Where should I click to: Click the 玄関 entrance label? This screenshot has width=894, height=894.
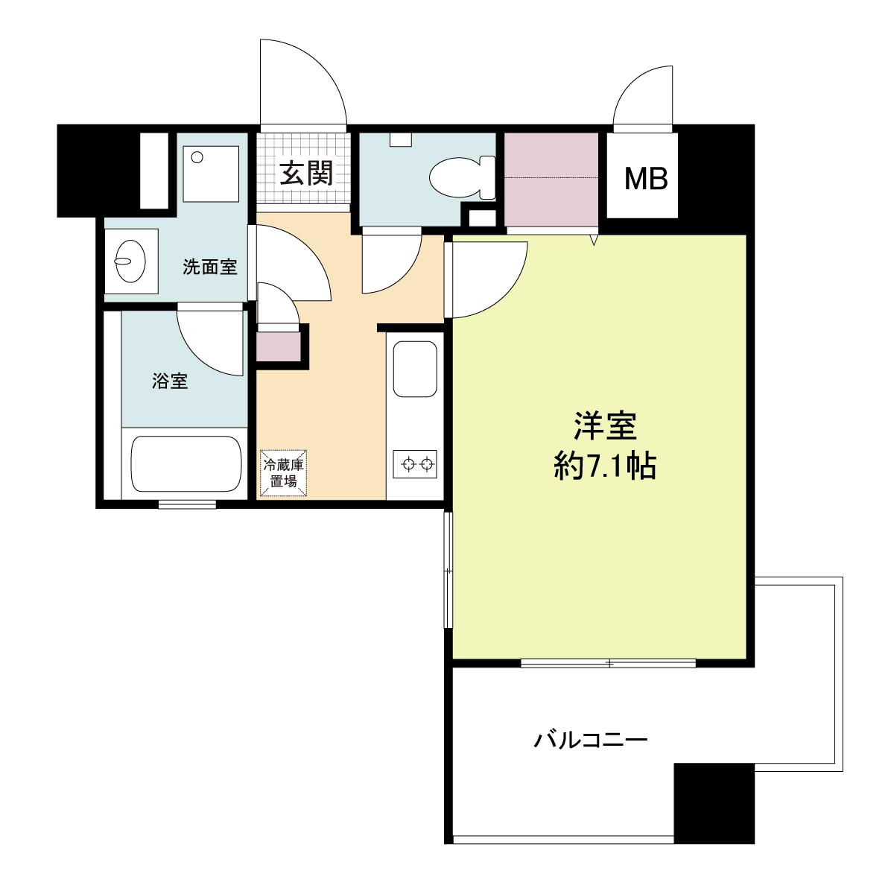[307, 174]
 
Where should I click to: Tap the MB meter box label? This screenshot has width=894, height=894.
[646, 179]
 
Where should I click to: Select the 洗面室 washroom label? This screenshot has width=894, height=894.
[209, 267]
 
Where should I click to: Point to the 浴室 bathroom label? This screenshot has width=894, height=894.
[170, 381]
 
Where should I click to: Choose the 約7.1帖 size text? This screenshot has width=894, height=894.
[605, 466]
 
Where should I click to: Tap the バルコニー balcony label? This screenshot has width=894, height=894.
[590, 740]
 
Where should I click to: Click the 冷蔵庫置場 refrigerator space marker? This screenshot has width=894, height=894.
[283, 473]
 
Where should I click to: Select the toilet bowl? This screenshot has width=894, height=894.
[462, 178]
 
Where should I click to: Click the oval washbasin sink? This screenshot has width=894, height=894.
[130, 261]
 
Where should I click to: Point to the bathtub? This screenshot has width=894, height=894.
[186, 463]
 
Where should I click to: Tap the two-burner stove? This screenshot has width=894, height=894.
[415, 463]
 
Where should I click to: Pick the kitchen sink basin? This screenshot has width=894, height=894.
[415, 370]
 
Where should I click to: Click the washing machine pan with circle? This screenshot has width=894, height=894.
[211, 174]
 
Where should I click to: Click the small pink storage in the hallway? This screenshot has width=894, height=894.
[279, 346]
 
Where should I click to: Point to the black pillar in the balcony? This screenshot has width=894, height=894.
[714, 802]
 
